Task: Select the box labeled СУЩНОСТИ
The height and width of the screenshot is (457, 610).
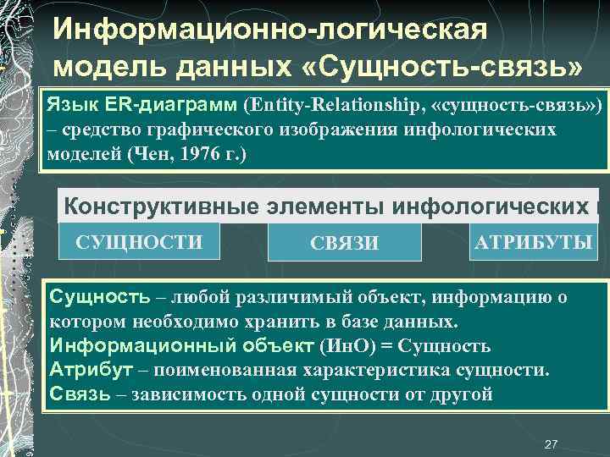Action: click(x=139, y=242)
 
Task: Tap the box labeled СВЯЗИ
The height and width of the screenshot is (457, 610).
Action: click(x=344, y=244)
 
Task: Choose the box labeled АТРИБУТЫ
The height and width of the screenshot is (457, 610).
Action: click(x=533, y=242)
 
